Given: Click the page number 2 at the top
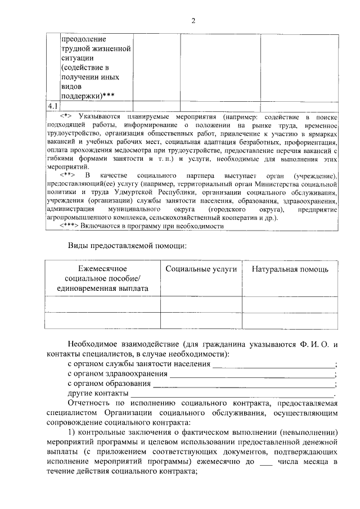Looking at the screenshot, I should (193, 21).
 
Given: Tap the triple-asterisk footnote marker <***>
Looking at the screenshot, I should (70, 226).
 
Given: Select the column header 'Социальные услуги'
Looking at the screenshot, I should (201, 269).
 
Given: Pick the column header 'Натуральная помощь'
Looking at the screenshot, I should (290, 269).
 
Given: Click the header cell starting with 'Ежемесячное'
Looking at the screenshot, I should (103, 269).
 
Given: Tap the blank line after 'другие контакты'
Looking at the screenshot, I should (232, 394).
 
